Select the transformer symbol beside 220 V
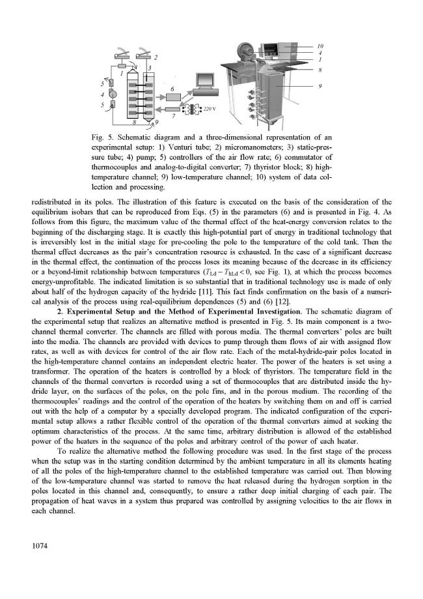[193, 108]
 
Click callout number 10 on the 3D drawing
[320, 46]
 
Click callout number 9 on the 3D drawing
[320, 85]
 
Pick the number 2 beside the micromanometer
[156, 57]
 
